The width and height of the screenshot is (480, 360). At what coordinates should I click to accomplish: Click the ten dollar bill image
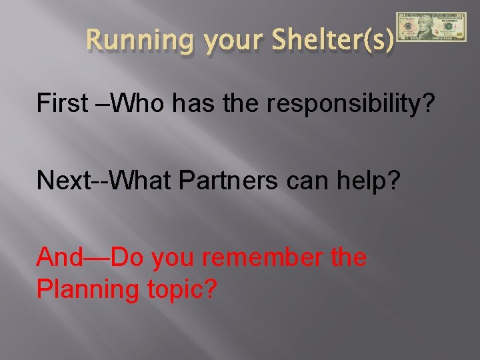click(x=431, y=27)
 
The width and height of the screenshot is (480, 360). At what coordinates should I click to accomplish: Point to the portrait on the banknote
click(x=427, y=27)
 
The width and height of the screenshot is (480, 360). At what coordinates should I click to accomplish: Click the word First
click(x=62, y=103)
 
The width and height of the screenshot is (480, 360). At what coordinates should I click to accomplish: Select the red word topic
click(x=169, y=289)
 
